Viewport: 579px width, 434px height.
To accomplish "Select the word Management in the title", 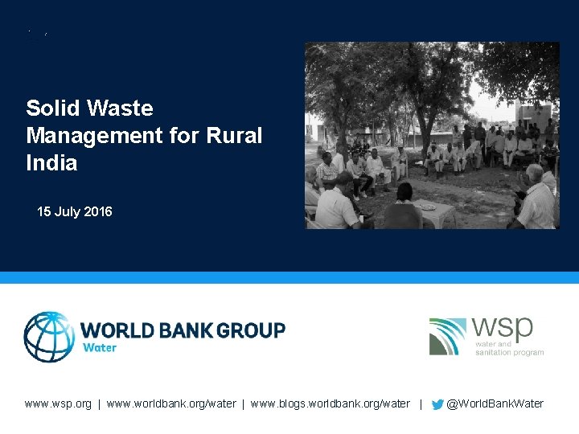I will point(85,136).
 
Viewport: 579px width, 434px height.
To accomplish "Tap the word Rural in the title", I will point(234,136).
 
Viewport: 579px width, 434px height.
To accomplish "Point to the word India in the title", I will point(51,163).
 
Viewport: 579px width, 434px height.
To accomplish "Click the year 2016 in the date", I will point(97,212).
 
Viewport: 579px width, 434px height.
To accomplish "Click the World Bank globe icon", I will point(49,337).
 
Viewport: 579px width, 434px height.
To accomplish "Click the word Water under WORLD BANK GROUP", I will point(100,348).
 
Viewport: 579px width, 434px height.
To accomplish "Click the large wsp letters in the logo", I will point(503,328).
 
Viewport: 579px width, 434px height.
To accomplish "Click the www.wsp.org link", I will point(58,403).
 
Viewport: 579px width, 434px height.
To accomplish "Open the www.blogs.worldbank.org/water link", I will point(330,403).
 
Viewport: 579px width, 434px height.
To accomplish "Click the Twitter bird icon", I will point(437,404).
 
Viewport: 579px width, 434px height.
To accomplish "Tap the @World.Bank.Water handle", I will point(495,403).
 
